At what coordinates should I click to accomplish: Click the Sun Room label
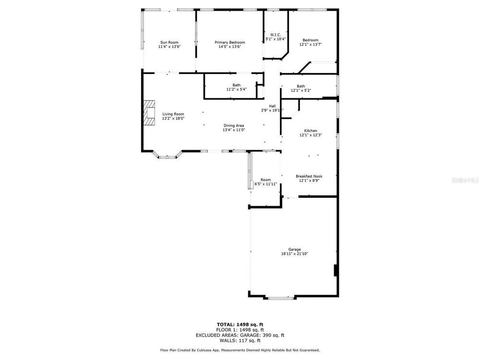pos(169,42)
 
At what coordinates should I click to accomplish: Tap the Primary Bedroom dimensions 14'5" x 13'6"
pos(229,47)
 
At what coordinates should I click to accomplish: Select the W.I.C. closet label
pos(276,35)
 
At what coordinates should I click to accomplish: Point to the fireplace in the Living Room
pos(149,113)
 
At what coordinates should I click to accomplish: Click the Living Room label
pos(173,114)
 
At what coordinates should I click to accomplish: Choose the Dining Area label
pos(234,125)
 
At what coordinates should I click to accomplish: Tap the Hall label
pos(272,106)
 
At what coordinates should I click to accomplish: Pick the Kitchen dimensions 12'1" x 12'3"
pos(311,135)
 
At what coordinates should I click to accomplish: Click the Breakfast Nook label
pos(309,176)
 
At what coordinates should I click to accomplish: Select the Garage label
pos(295,249)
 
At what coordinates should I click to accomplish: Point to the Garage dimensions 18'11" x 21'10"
pos(295,254)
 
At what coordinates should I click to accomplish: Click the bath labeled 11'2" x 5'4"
pos(236,87)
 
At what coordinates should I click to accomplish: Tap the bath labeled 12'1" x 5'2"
pos(301,88)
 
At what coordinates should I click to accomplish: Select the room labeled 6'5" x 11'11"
pos(266,182)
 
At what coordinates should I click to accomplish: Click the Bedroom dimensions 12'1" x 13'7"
pos(311,44)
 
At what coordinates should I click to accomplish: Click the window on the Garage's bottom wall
pos(281,298)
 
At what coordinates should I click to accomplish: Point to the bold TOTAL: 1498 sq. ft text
pos(240,324)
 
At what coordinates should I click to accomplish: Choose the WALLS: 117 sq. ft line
pos(240,340)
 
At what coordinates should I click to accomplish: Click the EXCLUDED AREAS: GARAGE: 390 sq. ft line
pos(240,335)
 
